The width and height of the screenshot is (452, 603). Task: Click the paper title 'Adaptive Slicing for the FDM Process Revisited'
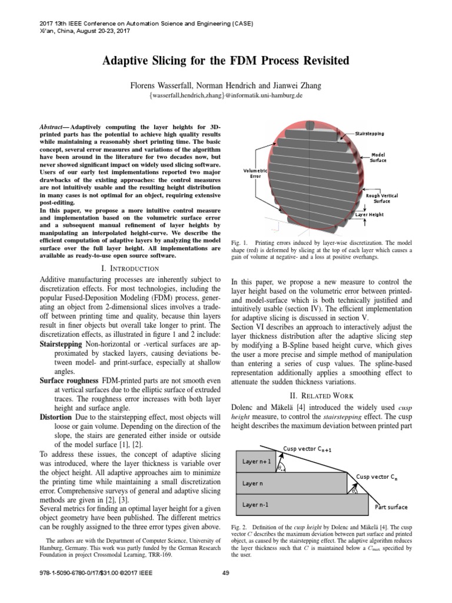click(226, 61)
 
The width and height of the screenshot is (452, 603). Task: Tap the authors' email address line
click(226, 95)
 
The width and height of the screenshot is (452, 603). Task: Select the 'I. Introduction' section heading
click(129, 269)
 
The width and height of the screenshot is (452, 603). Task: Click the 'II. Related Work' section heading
click(322, 395)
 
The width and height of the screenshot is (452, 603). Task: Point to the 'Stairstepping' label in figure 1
click(369, 134)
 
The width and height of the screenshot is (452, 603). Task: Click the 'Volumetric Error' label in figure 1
click(255, 173)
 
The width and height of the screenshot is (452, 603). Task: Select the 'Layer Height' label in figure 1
click(369, 215)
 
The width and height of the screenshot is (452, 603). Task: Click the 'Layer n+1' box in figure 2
click(257, 461)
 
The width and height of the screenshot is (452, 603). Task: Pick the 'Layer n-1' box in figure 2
click(257, 505)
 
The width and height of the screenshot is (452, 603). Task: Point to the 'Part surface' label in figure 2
click(391, 507)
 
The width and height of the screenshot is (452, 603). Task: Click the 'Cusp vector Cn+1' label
click(307, 449)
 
